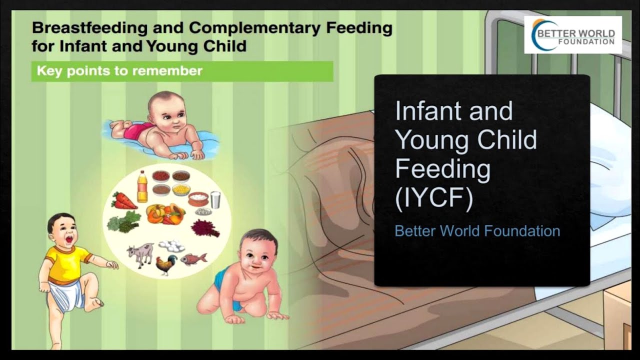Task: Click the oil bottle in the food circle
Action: pos(142,186)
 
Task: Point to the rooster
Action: pos(166,263)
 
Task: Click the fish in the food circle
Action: pos(193,258)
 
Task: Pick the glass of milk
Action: pos(215,199)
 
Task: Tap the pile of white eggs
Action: pos(171,245)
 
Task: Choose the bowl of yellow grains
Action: pos(180,189)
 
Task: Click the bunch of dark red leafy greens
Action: pos(205,228)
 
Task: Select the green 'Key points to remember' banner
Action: pos(182,71)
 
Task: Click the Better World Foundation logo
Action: pos(573,35)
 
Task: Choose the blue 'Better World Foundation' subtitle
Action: pos(477,231)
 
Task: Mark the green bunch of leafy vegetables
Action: pos(123,221)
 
